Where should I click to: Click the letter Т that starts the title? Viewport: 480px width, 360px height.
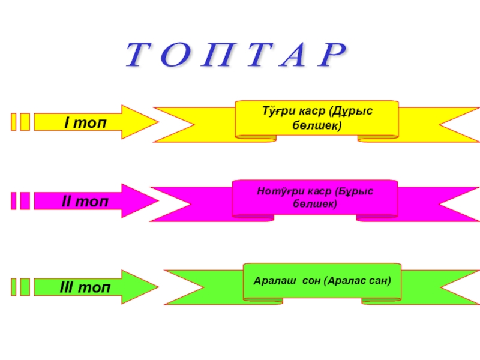(x=139, y=56)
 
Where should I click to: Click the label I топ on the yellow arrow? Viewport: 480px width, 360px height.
(x=85, y=122)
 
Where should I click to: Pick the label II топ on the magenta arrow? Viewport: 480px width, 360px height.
(x=85, y=200)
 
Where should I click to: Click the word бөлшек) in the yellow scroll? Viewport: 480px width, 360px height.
(x=316, y=125)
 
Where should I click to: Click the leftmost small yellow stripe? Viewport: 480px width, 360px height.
(x=14, y=122)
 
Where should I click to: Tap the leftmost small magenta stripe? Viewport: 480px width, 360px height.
(x=14, y=200)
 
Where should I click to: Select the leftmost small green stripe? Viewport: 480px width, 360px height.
(x=14, y=287)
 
